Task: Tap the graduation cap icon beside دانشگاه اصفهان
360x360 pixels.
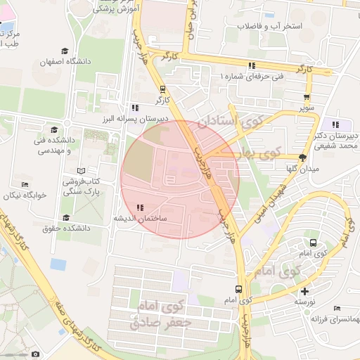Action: (65, 51)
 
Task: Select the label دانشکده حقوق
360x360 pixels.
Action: (68, 228)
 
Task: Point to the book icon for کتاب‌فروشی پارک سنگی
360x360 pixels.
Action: (81, 171)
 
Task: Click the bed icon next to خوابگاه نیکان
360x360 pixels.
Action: (25, 185)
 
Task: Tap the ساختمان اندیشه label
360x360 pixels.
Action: (141, 219)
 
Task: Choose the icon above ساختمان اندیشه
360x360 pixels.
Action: (141, 207)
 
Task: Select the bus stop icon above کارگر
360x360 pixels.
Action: (163, 89)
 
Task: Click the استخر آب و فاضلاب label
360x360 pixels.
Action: (270, 26)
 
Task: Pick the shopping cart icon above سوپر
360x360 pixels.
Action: (307, 98)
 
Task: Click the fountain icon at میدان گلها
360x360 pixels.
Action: (302, 157)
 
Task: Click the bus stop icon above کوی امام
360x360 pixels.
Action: (239, 288)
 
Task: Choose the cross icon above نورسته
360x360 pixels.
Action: (304, 290)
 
